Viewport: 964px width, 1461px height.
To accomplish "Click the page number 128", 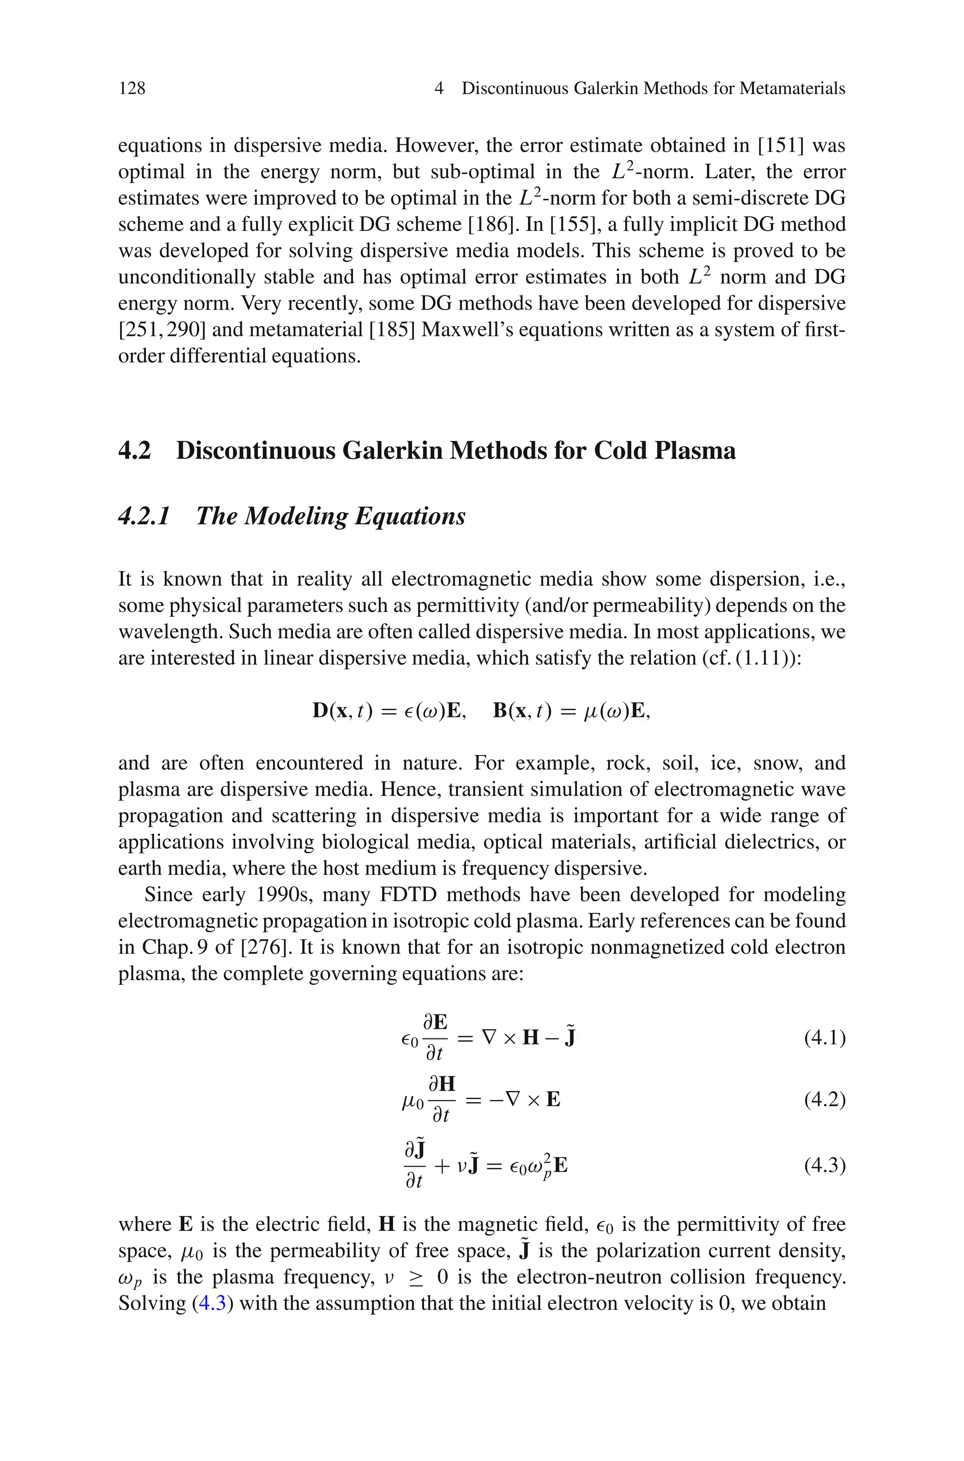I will (132, 88).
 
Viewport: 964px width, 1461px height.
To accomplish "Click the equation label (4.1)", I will (825, 1038).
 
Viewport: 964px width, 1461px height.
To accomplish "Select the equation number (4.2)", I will (825, 1099).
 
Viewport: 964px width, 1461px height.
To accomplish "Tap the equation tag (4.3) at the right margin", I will (825, 1165).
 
